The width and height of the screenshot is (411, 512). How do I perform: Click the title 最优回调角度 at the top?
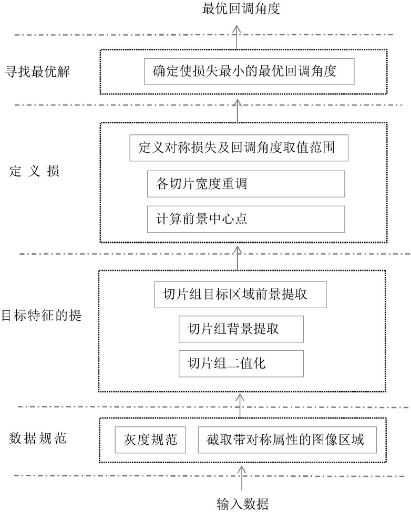[241, 8]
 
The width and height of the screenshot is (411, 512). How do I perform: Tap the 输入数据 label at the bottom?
[242, 504]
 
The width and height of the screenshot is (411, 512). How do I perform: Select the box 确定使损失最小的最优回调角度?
[249, 71]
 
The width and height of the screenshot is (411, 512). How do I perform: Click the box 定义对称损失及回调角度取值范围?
[239, 148]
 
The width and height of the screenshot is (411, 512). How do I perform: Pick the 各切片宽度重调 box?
[246, 184]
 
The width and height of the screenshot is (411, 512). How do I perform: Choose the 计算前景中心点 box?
[246, 219]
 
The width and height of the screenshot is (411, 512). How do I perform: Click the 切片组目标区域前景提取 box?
[241, 295]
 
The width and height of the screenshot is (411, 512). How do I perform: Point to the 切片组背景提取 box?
[241, 329]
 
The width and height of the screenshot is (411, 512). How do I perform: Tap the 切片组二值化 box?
[241, 363]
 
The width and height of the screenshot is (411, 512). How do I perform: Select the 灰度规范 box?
[150, 440]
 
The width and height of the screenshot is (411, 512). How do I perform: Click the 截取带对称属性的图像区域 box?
[287, 440]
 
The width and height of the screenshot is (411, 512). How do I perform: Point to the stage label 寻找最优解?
[37, 71]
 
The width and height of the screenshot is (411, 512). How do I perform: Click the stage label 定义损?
[34, 171]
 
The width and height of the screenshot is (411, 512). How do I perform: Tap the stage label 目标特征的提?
[42, 316]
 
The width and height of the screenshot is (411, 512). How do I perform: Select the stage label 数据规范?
[38, 438]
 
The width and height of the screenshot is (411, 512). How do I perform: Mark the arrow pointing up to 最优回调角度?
[237, 37]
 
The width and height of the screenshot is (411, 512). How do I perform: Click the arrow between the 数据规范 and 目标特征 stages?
[240, 405]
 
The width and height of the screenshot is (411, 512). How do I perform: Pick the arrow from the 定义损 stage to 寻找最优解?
[238, 111]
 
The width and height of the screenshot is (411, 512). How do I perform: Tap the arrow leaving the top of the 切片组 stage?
[238, 258]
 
